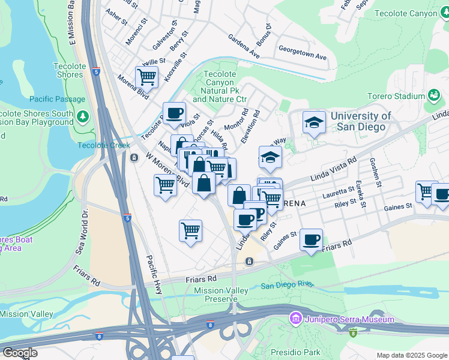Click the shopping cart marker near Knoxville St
click(146, 77)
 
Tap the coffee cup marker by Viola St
click(174, 113)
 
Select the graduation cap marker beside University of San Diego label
click(314, 122)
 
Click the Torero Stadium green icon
click(433, 95)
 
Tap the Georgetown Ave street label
click(303, 53)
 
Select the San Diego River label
click(285, 286)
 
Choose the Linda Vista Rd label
click(334, 170)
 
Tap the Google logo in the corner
click(20, 353)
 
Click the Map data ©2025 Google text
click(411, 355)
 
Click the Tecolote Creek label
click(103, 145)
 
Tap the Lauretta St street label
click(338, 193)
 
